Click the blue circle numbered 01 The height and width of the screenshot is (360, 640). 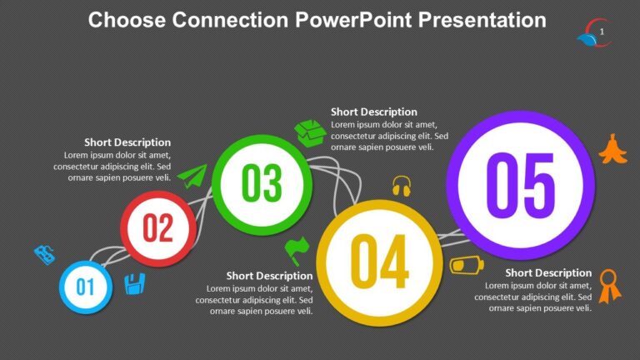[85, 287]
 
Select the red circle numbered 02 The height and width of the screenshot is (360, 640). [157, 228]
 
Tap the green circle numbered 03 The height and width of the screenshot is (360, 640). [262, 183]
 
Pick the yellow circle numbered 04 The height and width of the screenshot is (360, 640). [378, 261]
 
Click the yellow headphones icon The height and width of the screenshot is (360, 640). [402, 186]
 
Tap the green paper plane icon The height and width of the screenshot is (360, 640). [192, 176]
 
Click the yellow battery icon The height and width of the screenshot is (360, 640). [467, 265]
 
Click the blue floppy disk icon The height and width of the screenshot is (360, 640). [133, 284]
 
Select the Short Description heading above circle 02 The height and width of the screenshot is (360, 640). [127, 142]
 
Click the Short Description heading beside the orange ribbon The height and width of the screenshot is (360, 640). [548, 272]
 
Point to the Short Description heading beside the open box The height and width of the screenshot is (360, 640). [373, 112]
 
